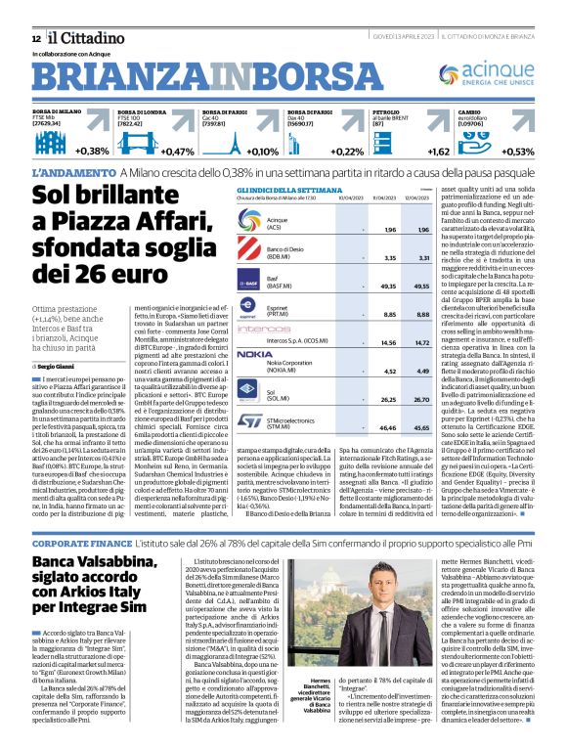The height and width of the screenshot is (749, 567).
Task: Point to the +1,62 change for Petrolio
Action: (439, 152)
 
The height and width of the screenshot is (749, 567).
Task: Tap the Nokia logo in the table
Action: (255, 354)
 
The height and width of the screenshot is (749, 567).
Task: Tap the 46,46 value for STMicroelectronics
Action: (363, 428)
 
